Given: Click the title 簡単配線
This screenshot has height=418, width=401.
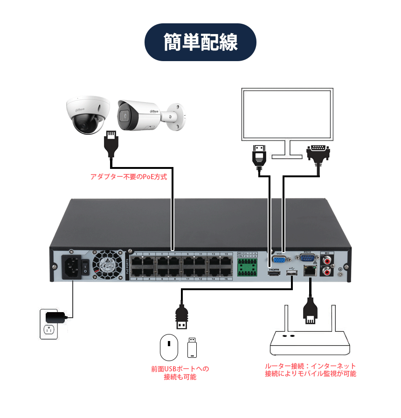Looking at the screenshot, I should (200, 42).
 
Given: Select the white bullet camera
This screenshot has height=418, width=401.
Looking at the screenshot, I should (140, 114).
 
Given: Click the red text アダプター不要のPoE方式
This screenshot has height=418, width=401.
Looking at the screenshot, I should (128, 177).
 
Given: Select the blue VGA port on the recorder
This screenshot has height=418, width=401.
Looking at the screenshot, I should (279, 259).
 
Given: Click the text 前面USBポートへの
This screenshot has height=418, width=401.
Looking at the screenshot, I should (180, 369).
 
